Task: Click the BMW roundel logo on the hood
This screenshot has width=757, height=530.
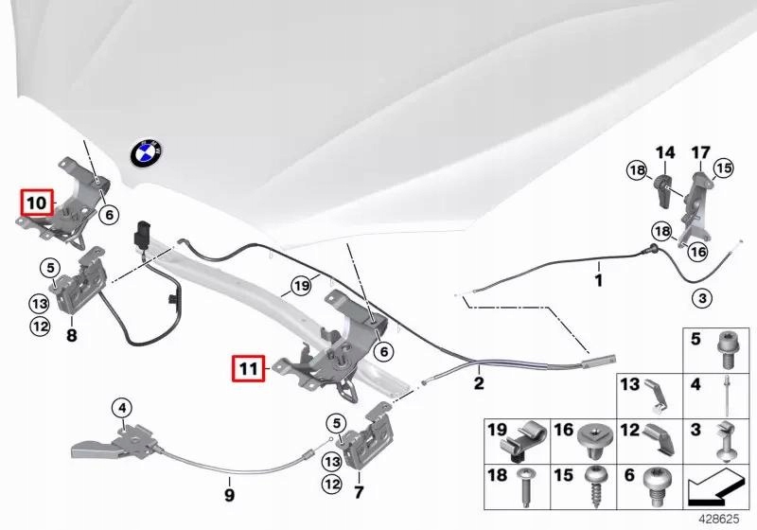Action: (147, 150)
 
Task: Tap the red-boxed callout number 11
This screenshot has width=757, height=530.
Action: (248, 367)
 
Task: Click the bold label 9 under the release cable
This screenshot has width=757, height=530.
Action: (228, 494)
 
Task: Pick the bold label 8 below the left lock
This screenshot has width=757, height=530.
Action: (71, 334)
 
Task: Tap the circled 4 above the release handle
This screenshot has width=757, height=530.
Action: (121, 409)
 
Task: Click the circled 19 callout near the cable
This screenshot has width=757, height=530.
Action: (301, 284)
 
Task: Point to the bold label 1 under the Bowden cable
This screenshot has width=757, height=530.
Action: (597, 280)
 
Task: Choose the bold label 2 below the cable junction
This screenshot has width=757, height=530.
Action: (479, 383)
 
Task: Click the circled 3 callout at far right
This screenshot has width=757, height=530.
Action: (702, 299)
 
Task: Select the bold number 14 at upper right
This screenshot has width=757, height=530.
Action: (665, 151)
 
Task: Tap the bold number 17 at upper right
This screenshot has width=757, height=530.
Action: (700, 151)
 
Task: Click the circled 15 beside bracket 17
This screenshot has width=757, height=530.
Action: (723, 169)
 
